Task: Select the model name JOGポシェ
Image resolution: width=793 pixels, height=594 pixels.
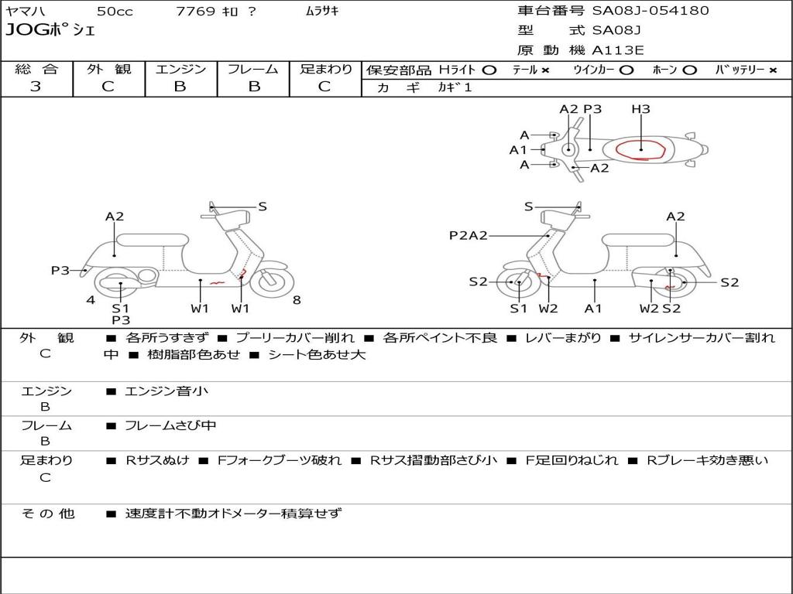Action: pos(50,31)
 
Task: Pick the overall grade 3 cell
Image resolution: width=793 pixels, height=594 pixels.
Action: pos(36,87)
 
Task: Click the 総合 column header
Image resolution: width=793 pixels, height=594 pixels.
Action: pos(36,70)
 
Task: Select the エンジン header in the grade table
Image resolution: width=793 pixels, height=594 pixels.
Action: pos(180,70)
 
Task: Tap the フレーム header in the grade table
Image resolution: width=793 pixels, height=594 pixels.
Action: pos(252,70)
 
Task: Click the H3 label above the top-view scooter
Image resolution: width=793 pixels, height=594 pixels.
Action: pos(640,109)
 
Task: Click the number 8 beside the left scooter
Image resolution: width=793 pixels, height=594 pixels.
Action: pos(297,300)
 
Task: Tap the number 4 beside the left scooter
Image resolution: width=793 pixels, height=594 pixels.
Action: pos(91,300)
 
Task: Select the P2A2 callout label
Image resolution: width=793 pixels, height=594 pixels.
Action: pos(468,235)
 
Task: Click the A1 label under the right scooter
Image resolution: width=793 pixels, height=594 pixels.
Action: pos(593,309)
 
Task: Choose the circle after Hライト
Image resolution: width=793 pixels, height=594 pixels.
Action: pos(489,70)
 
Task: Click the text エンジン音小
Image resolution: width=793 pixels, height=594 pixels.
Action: pos(166,391)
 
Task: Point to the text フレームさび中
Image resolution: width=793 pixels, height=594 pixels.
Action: pos(170,425)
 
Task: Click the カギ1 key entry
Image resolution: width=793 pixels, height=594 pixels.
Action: pos(455,87)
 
